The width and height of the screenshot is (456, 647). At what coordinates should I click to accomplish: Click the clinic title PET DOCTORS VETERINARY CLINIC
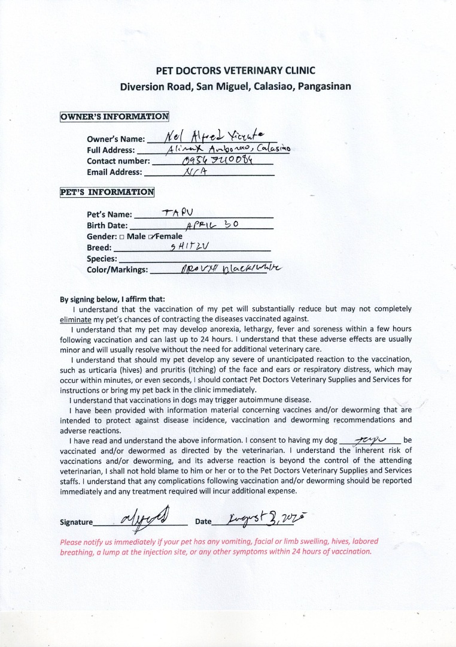coord(235,71)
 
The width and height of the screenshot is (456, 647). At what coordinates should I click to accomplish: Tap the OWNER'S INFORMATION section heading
coord(114,116)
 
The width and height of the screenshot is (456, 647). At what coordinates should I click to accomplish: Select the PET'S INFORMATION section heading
coord(107,192)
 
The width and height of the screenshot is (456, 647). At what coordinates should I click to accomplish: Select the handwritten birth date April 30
coord(212,225)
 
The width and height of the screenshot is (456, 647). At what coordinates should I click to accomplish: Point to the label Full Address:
coord(111,150)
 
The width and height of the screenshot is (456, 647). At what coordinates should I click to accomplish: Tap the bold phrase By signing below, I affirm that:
coord(113,300)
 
